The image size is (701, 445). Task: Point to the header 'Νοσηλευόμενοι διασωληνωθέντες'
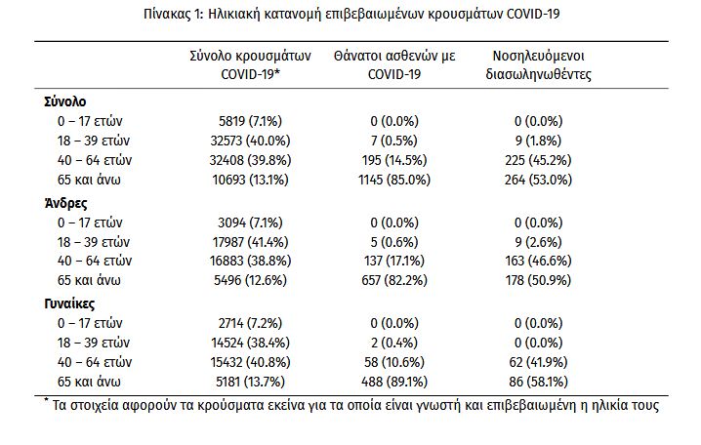tap(539, 64)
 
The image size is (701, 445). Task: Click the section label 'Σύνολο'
tap(66, 101)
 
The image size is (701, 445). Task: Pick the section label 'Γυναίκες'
tap(72, 303)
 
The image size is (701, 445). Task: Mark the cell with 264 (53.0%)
tap(539, 179)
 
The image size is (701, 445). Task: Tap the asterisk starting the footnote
tap(46, 401)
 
